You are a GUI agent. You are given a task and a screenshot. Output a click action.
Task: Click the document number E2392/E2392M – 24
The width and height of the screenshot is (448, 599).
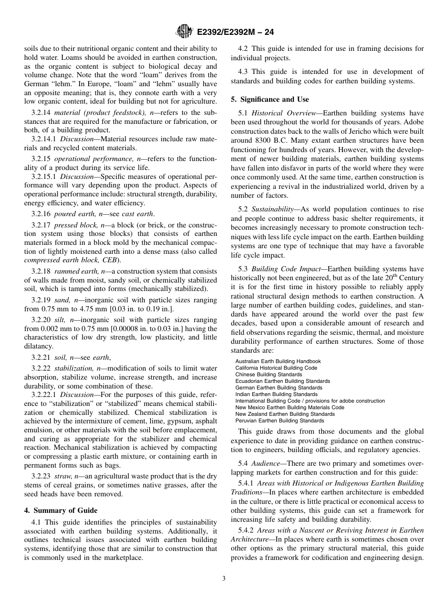(234, 32)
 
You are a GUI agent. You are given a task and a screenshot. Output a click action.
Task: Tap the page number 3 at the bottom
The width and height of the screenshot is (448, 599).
(224, 579)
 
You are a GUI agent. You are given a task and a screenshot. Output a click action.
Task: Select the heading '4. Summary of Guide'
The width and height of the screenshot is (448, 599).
(61, 510)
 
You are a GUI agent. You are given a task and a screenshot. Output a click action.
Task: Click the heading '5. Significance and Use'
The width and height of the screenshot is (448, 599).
(270, 99)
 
